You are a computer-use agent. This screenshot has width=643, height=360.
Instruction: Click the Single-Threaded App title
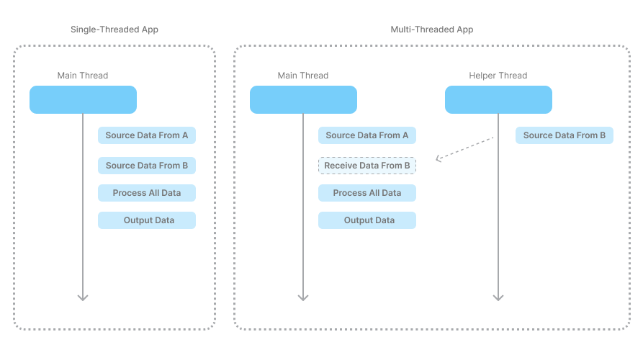click(x=114, y=30)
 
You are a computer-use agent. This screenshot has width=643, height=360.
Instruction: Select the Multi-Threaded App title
click(x=432, y=30)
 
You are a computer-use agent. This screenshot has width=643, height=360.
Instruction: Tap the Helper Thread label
click(x=498, y=76)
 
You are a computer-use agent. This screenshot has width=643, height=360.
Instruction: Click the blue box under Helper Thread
click(x=499, y=99)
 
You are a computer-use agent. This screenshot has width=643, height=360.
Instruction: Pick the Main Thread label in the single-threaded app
click(x=83, y=76)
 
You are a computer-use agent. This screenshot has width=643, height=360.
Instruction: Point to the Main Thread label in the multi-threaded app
click(x=303, y=76)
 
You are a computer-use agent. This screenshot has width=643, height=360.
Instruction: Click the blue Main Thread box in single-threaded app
click(x=84, y=99)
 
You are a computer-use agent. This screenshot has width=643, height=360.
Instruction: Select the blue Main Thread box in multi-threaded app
click(x=303, y=99)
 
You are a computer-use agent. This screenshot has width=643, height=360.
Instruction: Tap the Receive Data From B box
click(x=367, y=166)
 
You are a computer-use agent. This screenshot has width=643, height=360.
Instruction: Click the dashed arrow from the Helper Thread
click(x=464, y=148)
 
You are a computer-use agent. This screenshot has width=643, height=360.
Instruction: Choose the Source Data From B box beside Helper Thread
click(x=565, y=135)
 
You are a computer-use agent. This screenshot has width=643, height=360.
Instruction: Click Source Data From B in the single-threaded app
click(x=147, y=166)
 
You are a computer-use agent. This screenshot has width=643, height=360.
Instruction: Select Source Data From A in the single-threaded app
click(x=147, y=135)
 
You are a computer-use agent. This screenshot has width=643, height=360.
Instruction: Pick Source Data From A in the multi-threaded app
click(x=367, y=135)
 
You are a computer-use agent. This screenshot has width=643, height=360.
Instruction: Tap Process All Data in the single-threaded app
click(x=147, y=193)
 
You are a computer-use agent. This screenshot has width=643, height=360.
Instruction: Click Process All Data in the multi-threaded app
click(x=367, y=193)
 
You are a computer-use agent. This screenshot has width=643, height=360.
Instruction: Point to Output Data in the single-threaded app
click(x=147, y=220)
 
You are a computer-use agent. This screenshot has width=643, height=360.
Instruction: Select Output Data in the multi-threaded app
click(x=367, y=220)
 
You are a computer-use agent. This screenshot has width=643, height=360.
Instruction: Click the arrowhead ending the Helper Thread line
click(x=498, y=298)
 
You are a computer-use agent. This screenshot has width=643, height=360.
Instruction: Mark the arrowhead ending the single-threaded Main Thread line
click(x=83, y=298)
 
